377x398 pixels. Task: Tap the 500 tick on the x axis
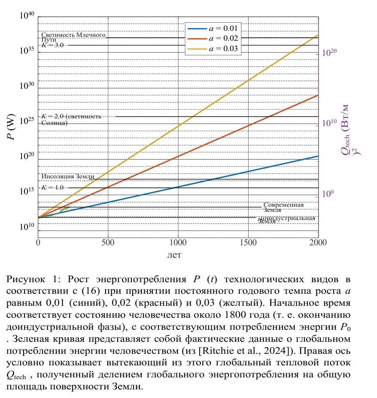tap(108, 243)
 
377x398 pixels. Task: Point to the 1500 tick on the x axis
tap(248, 243)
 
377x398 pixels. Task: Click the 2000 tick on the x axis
tap(318, 243)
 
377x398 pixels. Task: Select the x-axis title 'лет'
tap(174, 255)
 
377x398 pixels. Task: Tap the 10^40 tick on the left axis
tap(26, 16)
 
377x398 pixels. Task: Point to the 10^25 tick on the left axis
tap(26, 123)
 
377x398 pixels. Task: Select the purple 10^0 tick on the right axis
tap(328, 194)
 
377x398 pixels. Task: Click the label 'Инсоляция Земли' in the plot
tap(68, 176)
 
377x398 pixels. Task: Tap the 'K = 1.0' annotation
tap(52, 187)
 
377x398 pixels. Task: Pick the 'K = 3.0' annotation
tap(52, 45)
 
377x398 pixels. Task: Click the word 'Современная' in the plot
tap(283, 205)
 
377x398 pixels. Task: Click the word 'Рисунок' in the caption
tap(25, 279)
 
